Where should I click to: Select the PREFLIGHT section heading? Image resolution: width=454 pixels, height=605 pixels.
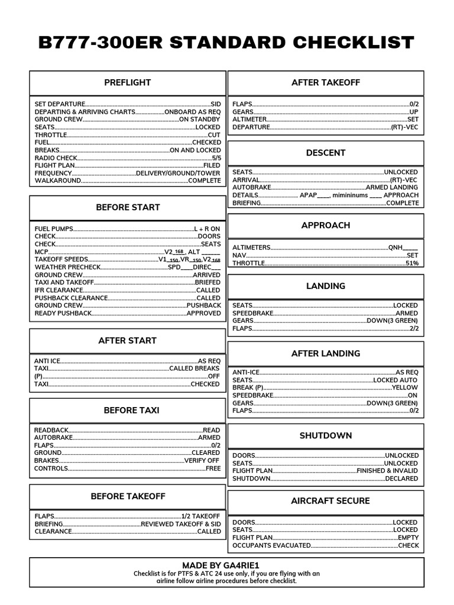click(127, 83)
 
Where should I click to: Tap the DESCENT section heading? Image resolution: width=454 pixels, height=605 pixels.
click(326, 153)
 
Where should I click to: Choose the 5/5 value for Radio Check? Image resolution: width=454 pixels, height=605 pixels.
click(216, 158)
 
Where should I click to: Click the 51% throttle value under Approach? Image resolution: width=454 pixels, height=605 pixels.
click(412, 264)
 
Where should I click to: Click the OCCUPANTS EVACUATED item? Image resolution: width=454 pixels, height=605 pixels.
click(271, 546)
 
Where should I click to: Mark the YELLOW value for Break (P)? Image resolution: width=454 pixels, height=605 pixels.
click(404, 388)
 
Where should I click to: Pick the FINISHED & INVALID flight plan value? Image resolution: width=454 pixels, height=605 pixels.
click(387, 471)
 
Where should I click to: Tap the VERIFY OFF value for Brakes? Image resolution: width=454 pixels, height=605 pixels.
click(202, 461)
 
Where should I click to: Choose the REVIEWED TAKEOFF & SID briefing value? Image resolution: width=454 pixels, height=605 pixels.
click(180, 524)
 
